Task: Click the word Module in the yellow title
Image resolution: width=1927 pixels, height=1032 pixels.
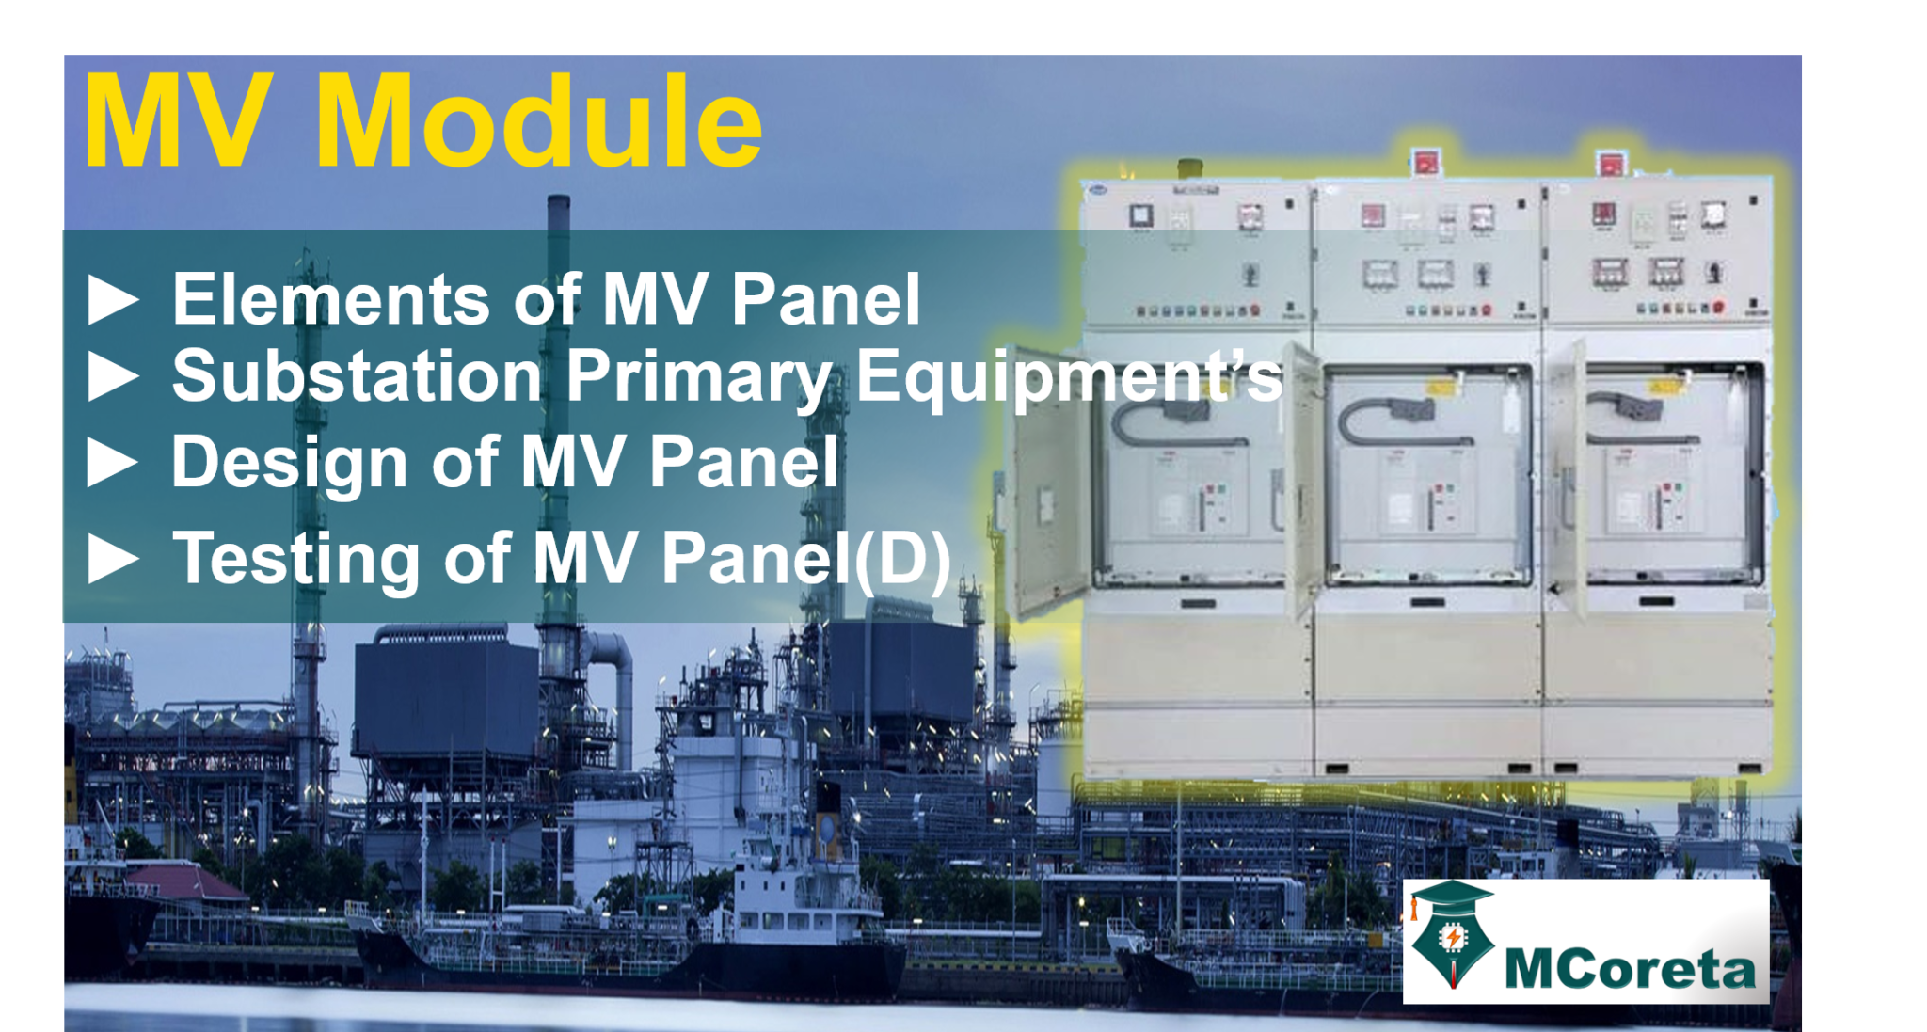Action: pyautogui.click(x=538, y=122)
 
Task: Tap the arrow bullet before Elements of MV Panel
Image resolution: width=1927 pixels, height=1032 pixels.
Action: pyautogui.click(x=113, y=299)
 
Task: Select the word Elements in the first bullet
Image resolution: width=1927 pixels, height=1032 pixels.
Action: pyautogui.click(x=329, y=299)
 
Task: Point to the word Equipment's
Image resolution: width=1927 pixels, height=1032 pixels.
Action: pyautogui.click(x=1068, y=376)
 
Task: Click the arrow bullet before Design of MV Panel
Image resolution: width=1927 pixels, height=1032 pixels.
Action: pyautogui.click(x=113, y=462)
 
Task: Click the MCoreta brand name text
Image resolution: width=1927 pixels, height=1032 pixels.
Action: pyautogui.click(x=1630, y=969)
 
